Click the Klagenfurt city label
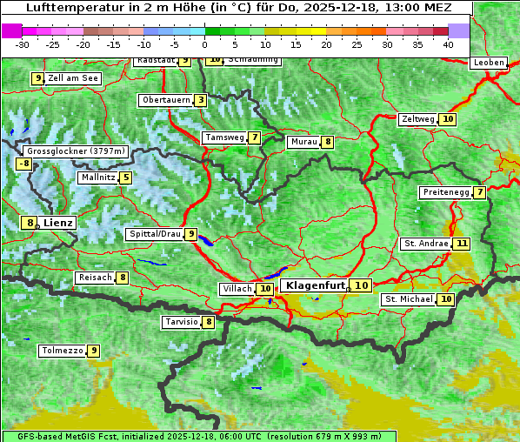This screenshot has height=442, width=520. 315,285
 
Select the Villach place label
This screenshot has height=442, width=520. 237,288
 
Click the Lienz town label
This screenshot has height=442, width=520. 58,223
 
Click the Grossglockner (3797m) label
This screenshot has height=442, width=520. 77,151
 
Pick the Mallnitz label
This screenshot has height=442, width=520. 97,177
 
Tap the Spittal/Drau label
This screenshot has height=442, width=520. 155,234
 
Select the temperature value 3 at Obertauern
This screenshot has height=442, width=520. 201,100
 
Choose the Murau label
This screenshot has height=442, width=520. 303,142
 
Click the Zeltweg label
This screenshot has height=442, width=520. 417,119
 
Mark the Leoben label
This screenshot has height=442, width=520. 488,63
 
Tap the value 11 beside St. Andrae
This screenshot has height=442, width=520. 462,244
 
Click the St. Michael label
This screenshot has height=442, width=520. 409,299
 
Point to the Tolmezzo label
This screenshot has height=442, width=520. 62,351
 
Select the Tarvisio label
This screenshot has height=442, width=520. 181,322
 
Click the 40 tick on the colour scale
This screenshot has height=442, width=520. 448,44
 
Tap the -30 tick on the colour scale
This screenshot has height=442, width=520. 23,44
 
